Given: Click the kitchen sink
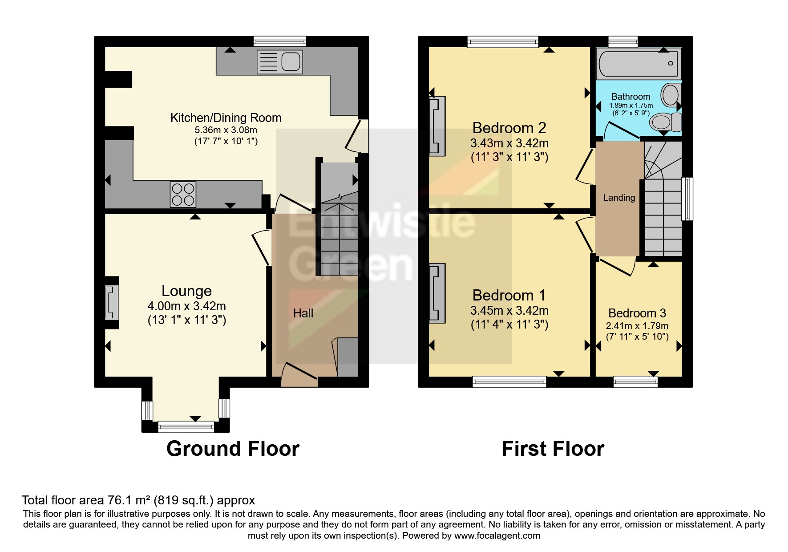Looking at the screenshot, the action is point(280,61).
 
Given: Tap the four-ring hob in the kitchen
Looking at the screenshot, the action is point(183,195).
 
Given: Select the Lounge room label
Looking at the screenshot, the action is point(186,291).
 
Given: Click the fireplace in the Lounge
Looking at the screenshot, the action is point(112,303).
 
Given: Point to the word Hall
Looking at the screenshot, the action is point(303,313).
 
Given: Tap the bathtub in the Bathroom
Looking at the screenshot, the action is point(638,63).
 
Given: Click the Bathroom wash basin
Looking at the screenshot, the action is point(670,95).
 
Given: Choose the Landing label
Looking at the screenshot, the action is point(619,198).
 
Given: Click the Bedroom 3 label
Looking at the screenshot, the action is point(637,313).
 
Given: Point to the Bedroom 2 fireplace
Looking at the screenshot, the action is point(437,126).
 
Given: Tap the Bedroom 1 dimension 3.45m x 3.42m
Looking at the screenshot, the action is point(509,310).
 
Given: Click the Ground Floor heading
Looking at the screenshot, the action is point(233,449).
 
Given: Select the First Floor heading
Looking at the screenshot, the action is point(553,449).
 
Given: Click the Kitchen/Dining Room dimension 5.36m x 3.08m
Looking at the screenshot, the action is point(226,130).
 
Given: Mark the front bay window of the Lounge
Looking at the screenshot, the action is point(186,426).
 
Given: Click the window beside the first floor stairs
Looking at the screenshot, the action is point(687,199).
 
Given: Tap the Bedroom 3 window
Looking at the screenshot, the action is point(635,382).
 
